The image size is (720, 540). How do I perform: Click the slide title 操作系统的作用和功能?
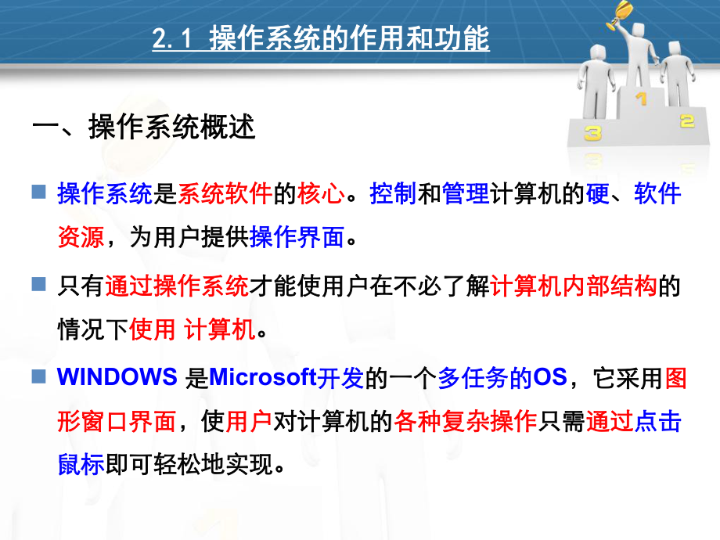(x=350, y=38)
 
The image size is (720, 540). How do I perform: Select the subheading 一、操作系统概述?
(x=144, y=127)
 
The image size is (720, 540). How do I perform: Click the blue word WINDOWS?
(x=117, y=378)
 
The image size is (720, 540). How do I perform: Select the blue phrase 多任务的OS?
(x=502, y=378)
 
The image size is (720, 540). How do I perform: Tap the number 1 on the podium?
(x=641, y=99)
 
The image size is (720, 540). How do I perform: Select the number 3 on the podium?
(x=592, y=133)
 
